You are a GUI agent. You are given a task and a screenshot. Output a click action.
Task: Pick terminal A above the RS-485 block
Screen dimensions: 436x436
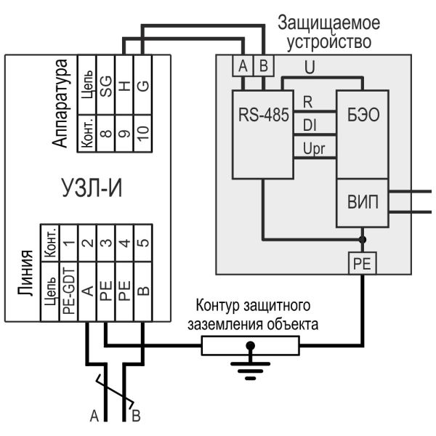click(x=243, y=66)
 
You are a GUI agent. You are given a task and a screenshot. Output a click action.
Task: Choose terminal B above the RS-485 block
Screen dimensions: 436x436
click(x=264, y=66)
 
